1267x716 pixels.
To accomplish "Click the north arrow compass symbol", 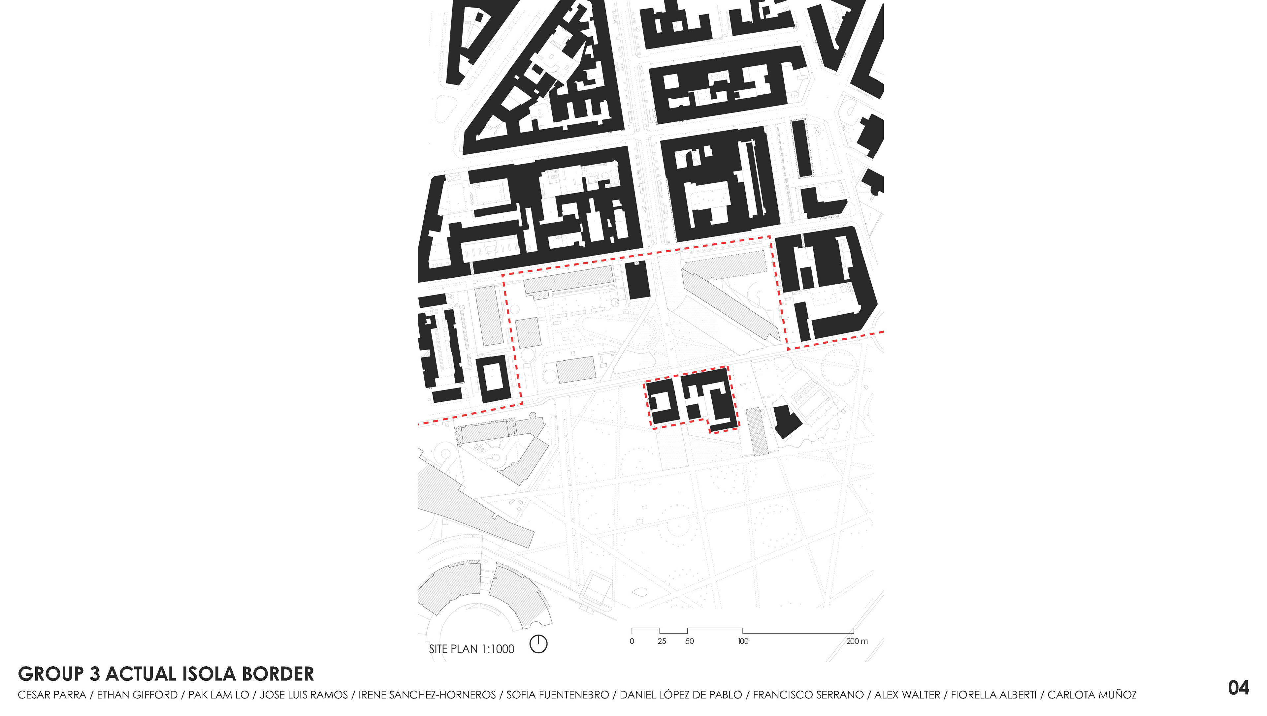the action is point(538,644).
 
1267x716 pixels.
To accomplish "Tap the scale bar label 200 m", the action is point(857,641).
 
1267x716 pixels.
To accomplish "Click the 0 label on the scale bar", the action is point(632,641).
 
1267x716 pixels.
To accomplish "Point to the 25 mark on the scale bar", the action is point(662,641).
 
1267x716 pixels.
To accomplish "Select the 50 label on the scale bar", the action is point(690,641).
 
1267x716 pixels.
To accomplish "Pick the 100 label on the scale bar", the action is point(743,641).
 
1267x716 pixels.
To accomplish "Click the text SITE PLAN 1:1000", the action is point(471,649).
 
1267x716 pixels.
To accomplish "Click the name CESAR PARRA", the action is point(52,695).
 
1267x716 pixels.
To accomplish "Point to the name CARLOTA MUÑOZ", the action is point(1092,695).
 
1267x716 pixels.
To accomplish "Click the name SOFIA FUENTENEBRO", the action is point(558,695).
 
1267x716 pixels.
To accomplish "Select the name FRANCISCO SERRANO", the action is point(808,695).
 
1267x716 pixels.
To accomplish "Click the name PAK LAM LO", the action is point(218,695).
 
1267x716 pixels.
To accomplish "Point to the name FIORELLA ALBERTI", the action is point(993,695).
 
